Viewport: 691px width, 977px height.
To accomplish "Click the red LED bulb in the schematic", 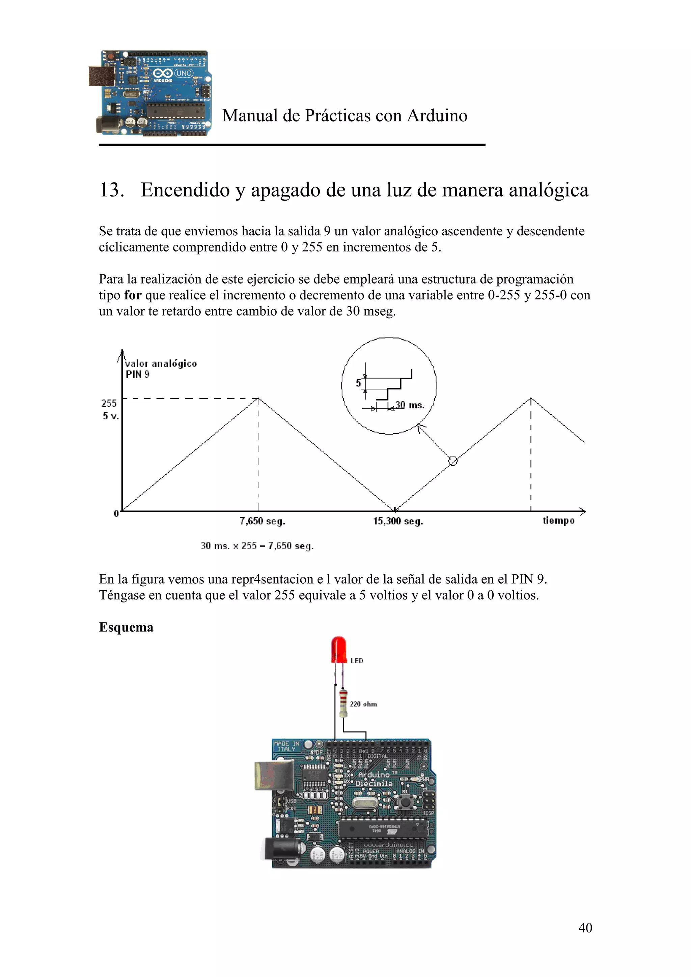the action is (x=339, y=649).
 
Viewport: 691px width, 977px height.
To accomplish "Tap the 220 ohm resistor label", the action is (x=363, y=704).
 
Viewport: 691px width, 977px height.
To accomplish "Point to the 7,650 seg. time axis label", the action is (x=262, y=521).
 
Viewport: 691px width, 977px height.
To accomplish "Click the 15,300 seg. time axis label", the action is (x=398, y=521).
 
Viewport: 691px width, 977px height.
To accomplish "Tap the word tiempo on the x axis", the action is (x=558, y=521).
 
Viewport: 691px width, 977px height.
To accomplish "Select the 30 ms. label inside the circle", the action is (x=410, y=405).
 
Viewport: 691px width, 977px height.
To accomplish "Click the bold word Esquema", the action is (x=126, y=627).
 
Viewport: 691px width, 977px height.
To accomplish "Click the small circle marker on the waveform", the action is (x=452, y=461).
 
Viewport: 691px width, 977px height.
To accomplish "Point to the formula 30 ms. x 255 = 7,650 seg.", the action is (x=257, y=546).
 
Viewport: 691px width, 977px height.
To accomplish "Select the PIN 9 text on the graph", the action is (x=138, y=375).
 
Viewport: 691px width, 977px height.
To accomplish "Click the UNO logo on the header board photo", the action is (x=184, y=73).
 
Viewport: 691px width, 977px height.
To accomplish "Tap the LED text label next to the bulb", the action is (x=357, y=661).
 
